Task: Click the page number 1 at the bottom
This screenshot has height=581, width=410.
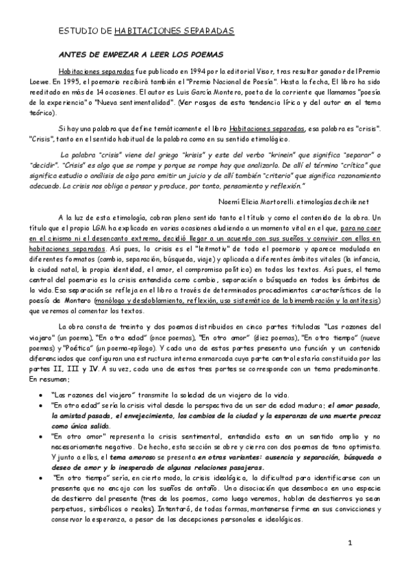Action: tap(349, 543)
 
